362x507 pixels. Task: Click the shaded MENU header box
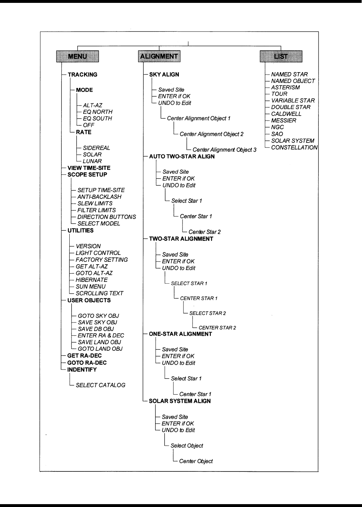[77, 56]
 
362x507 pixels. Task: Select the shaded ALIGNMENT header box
[159, 56]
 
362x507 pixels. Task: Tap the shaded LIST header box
[281, 56]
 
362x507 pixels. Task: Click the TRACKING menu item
[83, 75]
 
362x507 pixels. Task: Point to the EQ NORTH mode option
[97, 112]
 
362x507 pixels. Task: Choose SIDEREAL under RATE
[96, 148]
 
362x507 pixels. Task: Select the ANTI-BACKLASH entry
[99, 197]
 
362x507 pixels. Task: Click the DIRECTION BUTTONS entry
[106, 217]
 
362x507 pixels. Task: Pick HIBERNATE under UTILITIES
[92, 280]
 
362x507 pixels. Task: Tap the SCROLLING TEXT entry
[99, 293]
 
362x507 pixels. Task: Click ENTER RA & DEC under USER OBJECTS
[101, 335]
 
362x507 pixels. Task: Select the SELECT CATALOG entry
[101, 385]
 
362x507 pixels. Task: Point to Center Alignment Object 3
[224, 150]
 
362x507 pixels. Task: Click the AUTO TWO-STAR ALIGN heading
[182, 157]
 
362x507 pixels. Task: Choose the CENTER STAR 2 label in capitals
[217, 328]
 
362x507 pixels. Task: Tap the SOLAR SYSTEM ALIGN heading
[180, 401]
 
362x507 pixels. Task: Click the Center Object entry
[196, 461]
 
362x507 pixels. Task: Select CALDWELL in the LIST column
[286, 114]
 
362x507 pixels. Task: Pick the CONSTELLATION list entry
[294, 148]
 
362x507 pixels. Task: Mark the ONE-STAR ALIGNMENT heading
[180, 334]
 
